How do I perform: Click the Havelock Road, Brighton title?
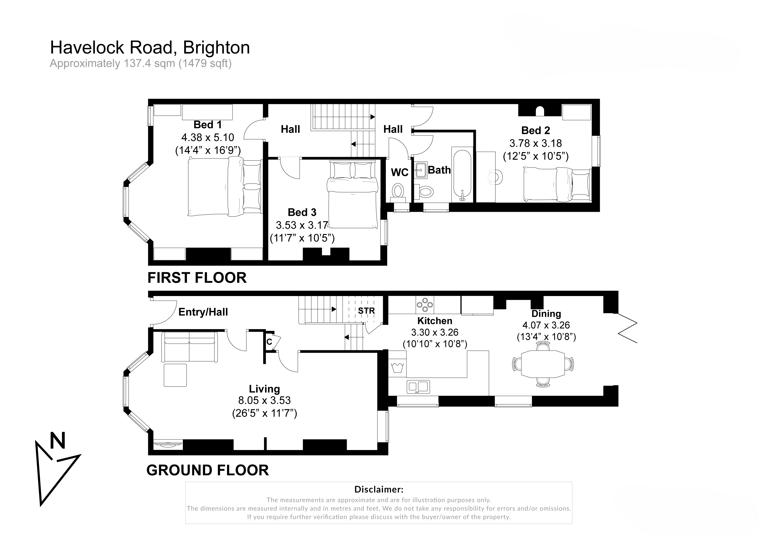click(150, 48)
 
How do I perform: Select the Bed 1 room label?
click(207, 125)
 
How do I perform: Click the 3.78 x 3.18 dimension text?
click(535, 143)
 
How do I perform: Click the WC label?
click(399, 172)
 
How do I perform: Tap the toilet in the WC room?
click(398, 192)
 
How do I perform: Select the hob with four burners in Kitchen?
click(425, 305)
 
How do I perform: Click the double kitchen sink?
click(418, 386)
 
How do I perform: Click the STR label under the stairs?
click(366, 311)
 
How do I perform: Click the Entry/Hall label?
click(203, 312)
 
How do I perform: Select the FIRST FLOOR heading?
click(197, 278)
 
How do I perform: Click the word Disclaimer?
click(379, 489)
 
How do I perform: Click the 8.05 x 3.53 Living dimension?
click(265, 400)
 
